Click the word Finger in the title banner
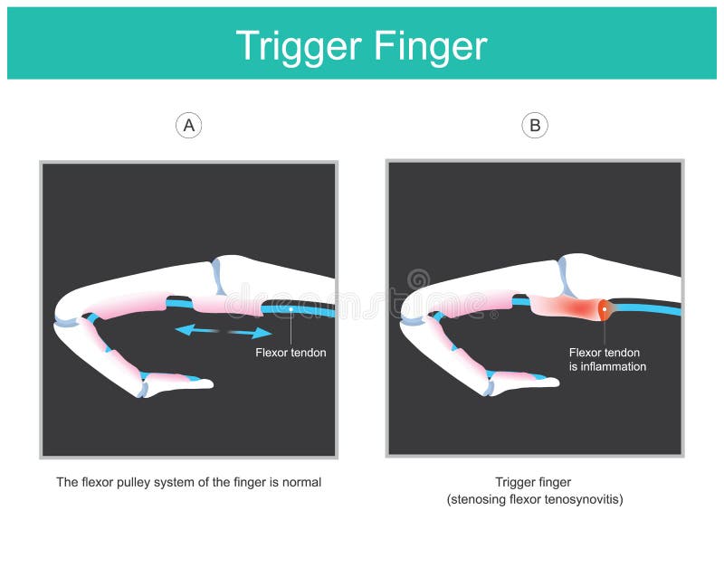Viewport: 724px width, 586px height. tap(433, 45)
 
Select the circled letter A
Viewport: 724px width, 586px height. tap(188, 126)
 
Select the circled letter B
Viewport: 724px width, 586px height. tap(535, 126)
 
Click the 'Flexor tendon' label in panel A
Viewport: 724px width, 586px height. tap(291, 353)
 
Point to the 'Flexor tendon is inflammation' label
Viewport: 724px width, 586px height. tap(607, 360)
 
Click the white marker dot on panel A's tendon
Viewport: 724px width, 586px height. tap(291, 310)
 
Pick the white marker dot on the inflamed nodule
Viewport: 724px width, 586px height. tap(604, 310)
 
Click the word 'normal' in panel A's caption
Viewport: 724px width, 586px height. tap(301, 483)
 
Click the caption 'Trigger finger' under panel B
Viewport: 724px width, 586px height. tap(532, 483)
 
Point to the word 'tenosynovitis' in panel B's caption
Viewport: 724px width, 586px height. tap(578, 499)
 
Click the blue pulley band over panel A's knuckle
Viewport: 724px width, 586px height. tap(218, 277)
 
